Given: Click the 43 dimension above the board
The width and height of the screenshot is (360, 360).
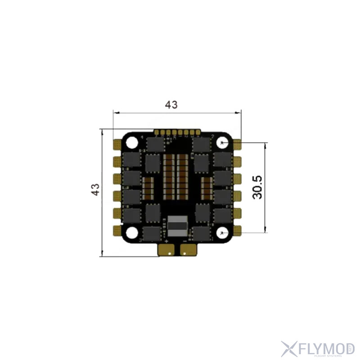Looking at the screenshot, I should [x=171, y=105].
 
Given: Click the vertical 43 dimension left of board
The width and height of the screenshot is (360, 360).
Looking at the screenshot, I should [x=95, y=189].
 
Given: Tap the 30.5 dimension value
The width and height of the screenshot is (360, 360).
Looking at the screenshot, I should [x=257, y=187].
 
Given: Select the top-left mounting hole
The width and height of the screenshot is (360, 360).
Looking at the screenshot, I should [x=132, y=142].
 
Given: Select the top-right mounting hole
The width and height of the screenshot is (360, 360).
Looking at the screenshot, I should [x=224, y=143].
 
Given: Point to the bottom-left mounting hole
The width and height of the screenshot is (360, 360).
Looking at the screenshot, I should [x=132, y=232].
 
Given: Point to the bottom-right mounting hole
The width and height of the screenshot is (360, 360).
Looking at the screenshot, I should [x=224, y=232].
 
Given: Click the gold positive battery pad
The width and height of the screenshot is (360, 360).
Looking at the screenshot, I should [x=167, y=250].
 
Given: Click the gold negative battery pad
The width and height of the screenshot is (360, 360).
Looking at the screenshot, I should [x=188, y=250].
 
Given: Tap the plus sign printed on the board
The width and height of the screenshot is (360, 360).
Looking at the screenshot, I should [x=166, y=242].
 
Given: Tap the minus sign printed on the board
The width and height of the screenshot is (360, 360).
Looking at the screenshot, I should [x=185, y=242].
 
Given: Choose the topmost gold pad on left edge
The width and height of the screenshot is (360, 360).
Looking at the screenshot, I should [x=116, y=144].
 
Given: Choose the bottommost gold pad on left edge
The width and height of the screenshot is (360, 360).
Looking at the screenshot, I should [x=116, y=231].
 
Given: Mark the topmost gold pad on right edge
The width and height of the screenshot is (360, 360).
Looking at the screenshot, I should [x=238, y=144].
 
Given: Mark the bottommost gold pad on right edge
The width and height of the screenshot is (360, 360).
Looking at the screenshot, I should [x=238, y=231].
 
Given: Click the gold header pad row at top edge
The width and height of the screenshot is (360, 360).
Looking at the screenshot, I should [x=177, y=132].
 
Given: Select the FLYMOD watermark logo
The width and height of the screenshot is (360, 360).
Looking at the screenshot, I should [x=318, y=349].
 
